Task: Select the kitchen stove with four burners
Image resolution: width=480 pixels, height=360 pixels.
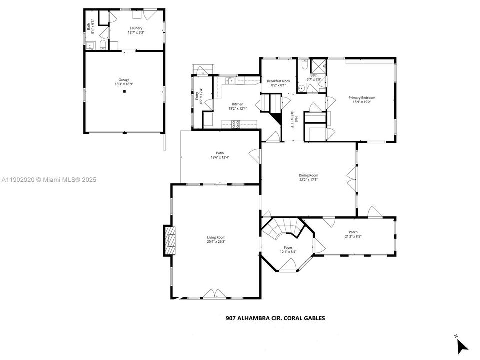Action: point(235,125)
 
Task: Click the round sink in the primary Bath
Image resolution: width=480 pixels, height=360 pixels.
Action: point(302,88)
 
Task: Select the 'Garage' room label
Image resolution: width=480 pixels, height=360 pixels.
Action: point(124,80)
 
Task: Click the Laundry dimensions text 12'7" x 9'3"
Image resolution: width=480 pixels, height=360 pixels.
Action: point(136,33)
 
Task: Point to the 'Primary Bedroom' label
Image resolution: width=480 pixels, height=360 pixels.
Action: point(361,97)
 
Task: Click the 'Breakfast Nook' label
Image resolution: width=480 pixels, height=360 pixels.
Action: point(278,81)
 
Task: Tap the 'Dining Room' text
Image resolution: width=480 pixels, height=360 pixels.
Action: point(308,175)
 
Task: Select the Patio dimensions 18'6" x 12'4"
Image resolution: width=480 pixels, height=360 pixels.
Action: point(220,158)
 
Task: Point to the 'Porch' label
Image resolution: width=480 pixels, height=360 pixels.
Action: point(353,232)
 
